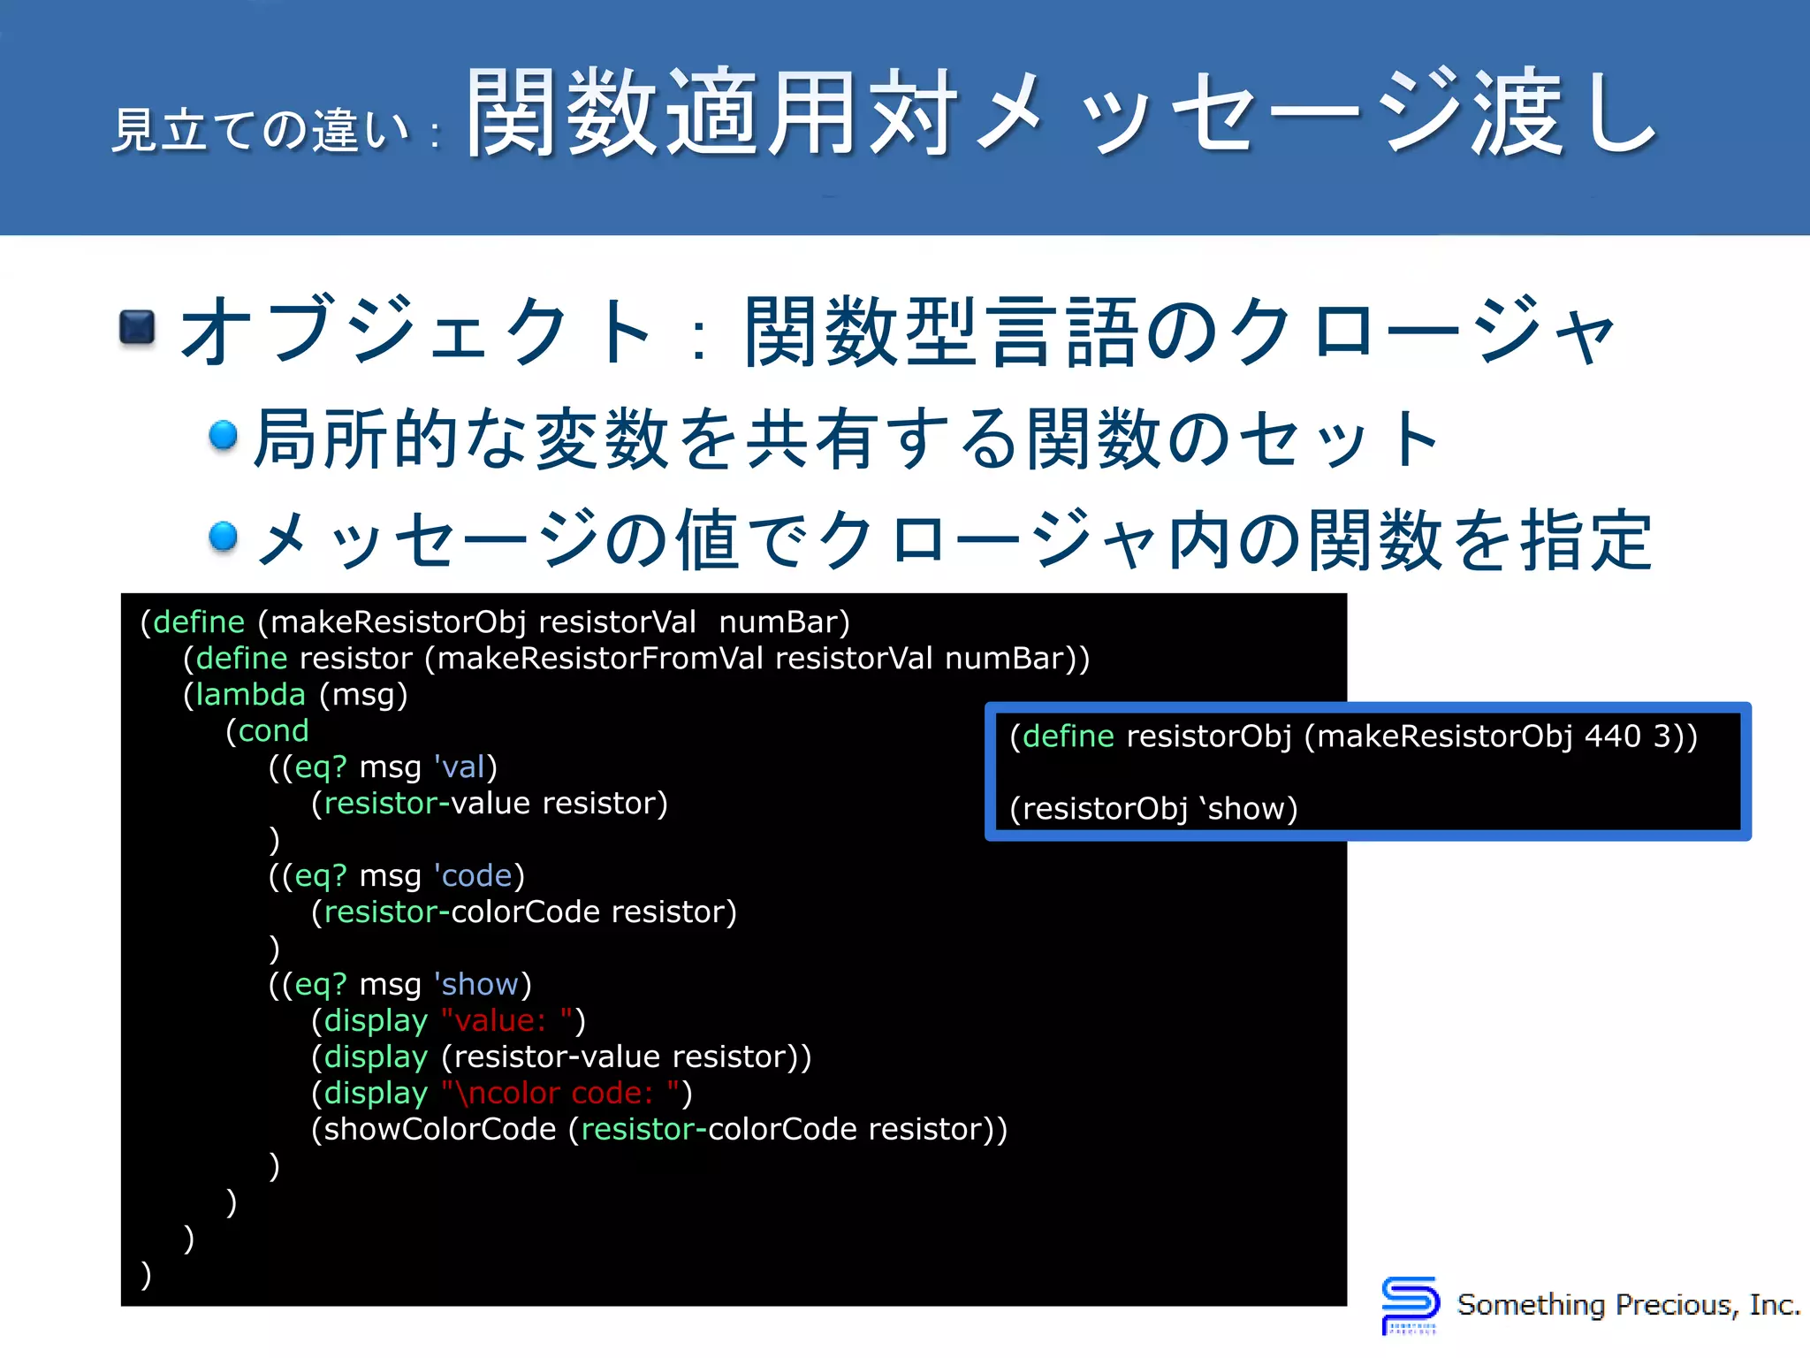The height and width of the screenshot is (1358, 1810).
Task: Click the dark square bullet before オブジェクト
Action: coord(137,328)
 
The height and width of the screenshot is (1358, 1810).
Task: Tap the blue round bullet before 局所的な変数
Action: coord(224,434)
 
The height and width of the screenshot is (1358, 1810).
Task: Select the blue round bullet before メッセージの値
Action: coord(224,536)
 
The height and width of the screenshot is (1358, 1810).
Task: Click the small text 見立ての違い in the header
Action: coord(262,130)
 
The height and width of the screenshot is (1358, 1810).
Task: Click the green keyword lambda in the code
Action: coord(250,695)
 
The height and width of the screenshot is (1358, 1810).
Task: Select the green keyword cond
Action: coord(273,731)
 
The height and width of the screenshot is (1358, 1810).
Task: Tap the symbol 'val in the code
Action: coord(460,767)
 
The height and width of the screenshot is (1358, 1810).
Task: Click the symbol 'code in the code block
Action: coord(474,876)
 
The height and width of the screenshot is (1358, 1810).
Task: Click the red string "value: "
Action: coord(507,1021)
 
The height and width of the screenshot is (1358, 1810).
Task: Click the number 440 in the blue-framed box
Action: coord(1612,736)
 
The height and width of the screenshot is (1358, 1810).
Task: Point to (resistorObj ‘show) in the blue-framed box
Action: coord(1153,809)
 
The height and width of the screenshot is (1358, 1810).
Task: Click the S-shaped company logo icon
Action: coord(1409,1304)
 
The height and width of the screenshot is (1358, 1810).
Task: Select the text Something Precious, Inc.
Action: coord(1628,1305)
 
